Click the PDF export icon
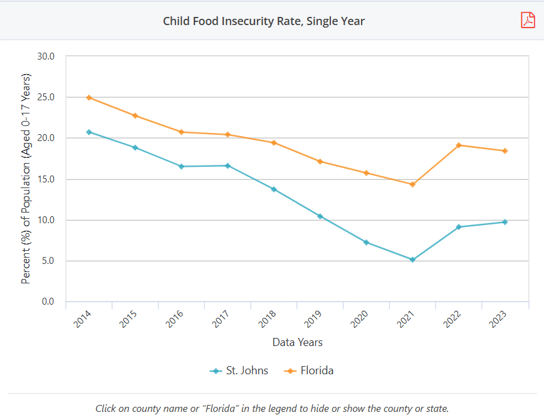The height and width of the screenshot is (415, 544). (x=528, y=20)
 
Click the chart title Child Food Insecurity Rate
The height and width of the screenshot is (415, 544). (x=263, y=21)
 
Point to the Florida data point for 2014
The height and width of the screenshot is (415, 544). (x=89, y=98)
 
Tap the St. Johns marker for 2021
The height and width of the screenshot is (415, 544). (x=412, y=260)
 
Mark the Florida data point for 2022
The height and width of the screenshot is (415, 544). (x=459, y=145)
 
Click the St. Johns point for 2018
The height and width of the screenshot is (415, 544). (x=274, y=189)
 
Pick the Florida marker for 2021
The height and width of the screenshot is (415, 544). (x=412, y=184)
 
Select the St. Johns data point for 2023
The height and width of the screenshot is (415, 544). (x=505, y=222)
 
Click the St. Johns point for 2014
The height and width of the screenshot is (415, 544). (x=89, y=132)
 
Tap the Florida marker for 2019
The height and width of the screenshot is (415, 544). (x=320, y=162)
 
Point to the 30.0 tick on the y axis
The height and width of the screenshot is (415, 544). (x=46, y=56)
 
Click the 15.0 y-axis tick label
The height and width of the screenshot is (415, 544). (x=46, y=179)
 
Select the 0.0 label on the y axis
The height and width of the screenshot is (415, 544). (x=48, y=302)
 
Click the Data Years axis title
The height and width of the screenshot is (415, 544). (x=297, y=342)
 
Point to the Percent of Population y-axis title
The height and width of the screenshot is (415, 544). (x=26, y=179)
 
